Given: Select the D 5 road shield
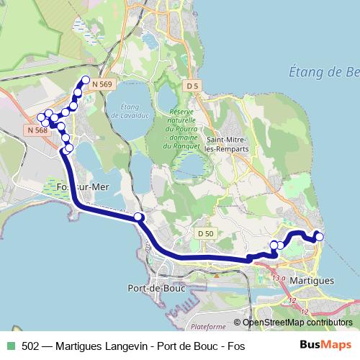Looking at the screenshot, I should (191, 86).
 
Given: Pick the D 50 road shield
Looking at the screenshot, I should (205, 233).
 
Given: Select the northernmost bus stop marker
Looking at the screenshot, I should (86, 80).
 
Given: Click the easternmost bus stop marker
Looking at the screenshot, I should (319, 236).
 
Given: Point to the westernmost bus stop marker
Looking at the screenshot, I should (42, 117).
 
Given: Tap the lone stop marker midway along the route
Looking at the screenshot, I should (138, 217).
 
